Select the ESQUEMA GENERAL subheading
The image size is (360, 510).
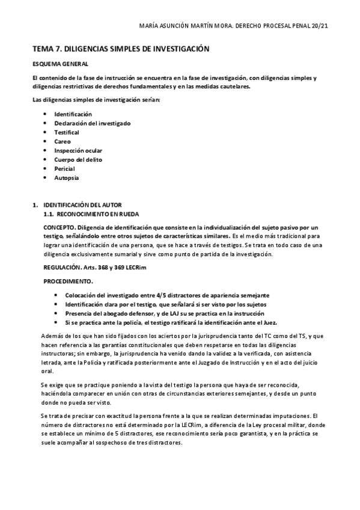[60, 64]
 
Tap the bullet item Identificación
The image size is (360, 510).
[73, 114]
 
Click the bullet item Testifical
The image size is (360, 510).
[67, 132]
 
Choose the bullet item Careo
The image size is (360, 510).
[63, 141]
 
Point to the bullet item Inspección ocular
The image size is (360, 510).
[78, 150]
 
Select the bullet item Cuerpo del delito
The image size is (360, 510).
[78, 159]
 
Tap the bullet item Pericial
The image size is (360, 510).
[64, 168]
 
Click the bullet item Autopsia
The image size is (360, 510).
[66, 178]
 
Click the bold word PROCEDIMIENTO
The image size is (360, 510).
[69, 281]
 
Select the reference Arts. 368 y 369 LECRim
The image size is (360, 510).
[118, 267]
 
